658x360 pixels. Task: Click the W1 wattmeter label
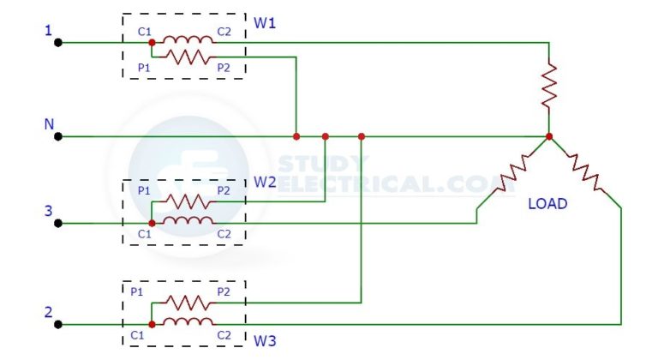tap(265, 22)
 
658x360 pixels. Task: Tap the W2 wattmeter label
tap(265, 182)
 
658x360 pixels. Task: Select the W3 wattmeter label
tap(265, 342)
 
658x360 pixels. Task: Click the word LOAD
tap(547, 205)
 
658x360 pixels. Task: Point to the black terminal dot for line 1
tap(57, 41)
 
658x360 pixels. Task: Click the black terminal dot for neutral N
tap(57, 136)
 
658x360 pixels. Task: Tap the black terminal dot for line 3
tap(57, 223)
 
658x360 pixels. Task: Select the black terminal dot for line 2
tap(57, 325)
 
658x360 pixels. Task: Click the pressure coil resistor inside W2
tap(187, 202)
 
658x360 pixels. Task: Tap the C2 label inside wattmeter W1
tap(224, 32)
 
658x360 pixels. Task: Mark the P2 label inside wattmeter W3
tap(224, 292)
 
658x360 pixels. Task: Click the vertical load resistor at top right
tap(549, 86)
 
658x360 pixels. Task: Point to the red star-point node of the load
tap(549, 136)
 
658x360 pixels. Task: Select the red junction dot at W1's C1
tap(152, 41)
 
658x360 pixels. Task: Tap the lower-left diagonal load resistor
tap(513, 171)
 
